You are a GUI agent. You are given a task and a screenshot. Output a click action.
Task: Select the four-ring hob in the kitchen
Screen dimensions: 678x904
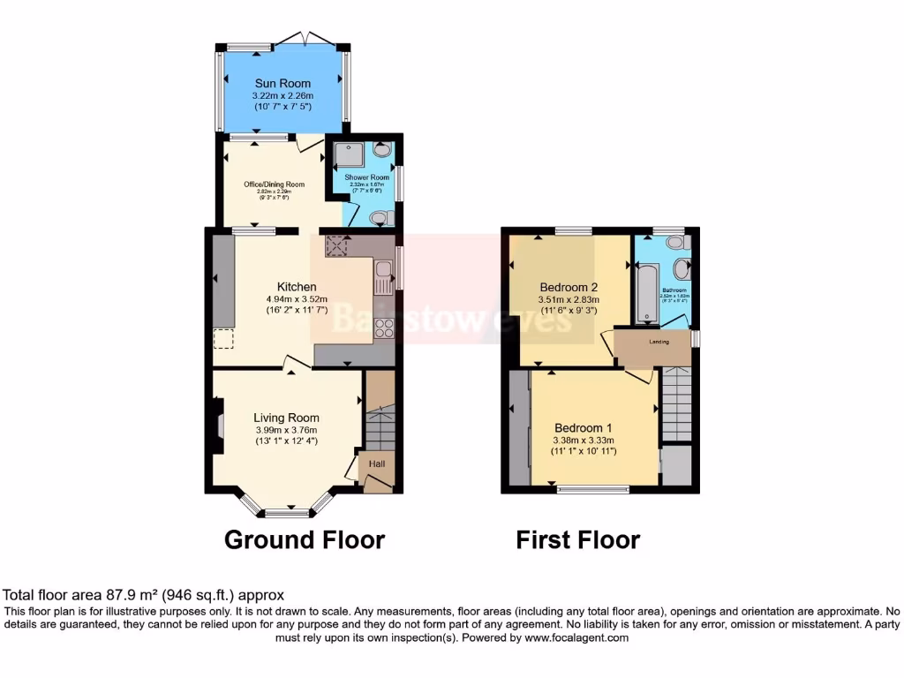tap(385, 328)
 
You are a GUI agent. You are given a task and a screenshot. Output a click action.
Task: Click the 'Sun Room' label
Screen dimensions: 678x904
tap(282, 83)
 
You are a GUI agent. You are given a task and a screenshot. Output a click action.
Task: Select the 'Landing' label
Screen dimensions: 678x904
tap(659, 342)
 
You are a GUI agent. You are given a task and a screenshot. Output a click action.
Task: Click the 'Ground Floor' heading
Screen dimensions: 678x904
tap(305, 539)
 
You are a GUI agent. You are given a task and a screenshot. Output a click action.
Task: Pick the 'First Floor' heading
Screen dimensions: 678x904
tap(577, 539)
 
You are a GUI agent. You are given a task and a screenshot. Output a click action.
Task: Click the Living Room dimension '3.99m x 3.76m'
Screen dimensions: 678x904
tap(286, 430)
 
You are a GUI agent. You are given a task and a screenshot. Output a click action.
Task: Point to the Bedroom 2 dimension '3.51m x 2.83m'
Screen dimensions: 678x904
tap(569, 299)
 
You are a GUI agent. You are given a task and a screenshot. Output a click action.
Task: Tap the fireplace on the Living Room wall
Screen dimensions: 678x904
tap(217, 427)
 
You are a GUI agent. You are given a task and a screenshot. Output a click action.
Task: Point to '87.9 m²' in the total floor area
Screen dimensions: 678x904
tap(119, 596)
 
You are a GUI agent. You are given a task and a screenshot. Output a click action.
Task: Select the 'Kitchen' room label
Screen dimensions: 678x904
tap(297, 287)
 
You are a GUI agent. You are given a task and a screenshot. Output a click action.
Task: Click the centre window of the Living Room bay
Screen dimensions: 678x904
tap(286, 513)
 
